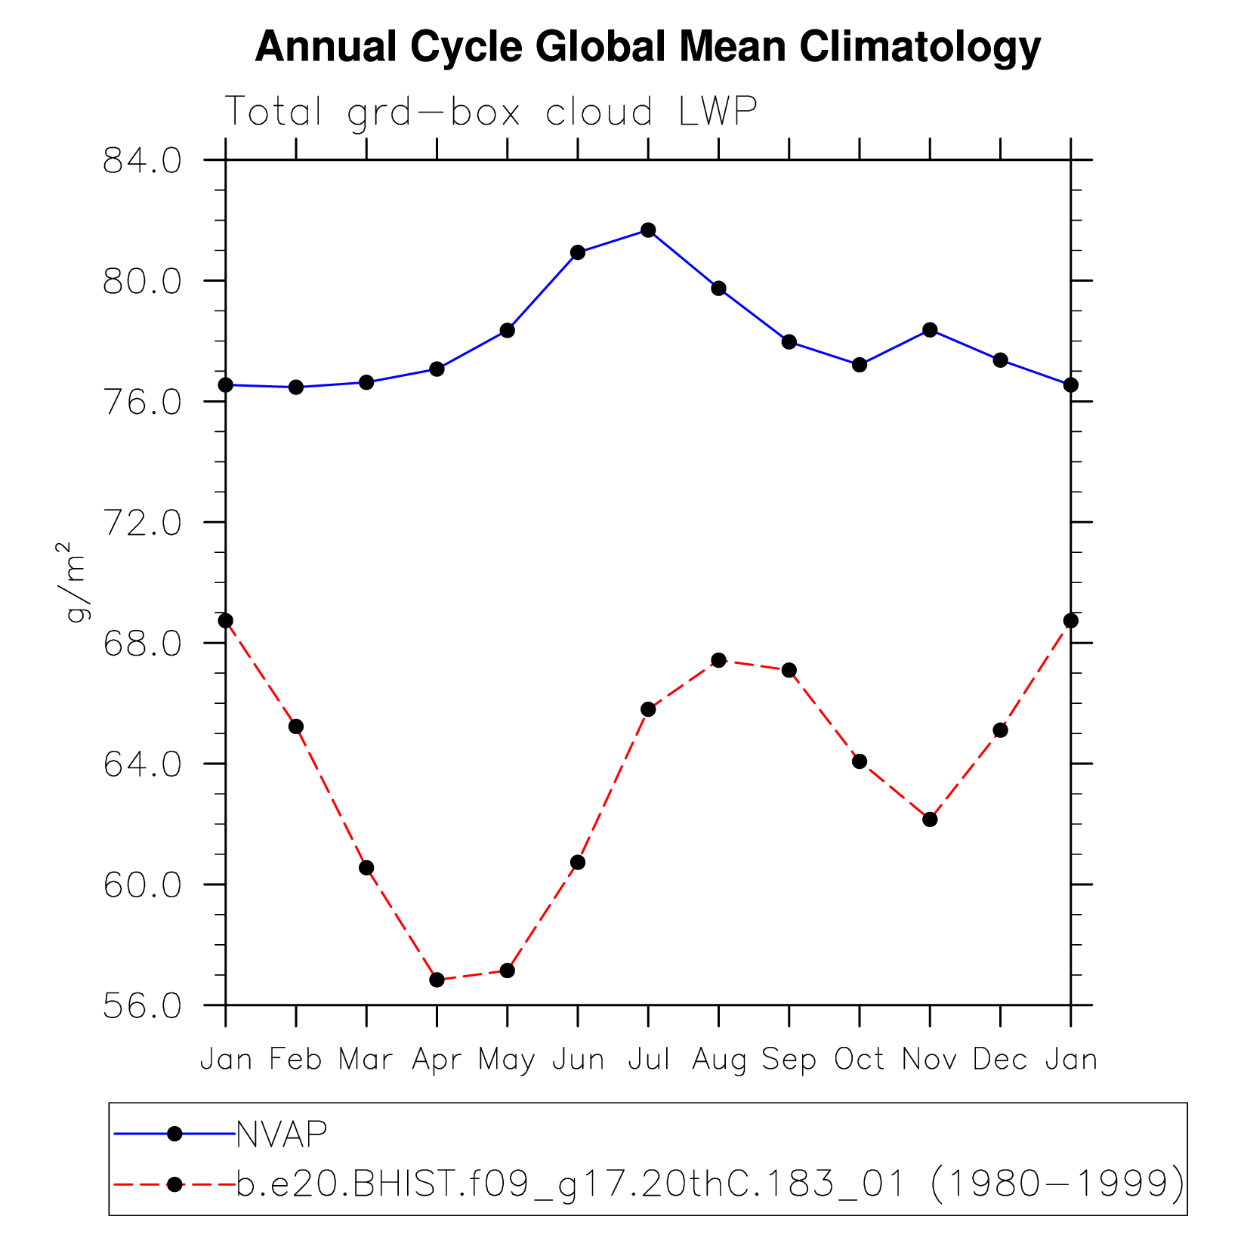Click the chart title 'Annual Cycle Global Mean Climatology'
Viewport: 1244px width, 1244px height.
click(x=647, y=48)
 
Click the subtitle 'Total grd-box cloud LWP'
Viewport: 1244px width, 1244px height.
click(x=491, y=113)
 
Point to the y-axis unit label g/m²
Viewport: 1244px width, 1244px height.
click(x=75, y=582)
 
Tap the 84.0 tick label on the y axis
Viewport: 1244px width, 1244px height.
click(x=142, y=161)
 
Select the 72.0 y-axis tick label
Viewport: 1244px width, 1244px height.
click(x=142, y=523)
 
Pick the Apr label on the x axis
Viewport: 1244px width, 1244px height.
click(x=437, y=1060)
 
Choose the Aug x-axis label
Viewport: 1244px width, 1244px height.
click(x=718, y=1060)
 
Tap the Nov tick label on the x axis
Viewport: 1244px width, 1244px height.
click(x=930, y=1060)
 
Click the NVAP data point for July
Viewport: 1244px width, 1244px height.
click(x=648, y=230)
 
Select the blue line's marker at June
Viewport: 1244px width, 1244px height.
click(x=578, y=252)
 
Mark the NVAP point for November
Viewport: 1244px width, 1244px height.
click(x=930, y=330)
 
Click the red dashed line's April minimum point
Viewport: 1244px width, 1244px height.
click(x=437, y=980)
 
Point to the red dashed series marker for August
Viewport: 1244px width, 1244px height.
click(x=718, y=660)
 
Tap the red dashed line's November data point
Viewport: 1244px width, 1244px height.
click(x=930, y=820)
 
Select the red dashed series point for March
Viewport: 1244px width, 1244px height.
click(x=366, y=868)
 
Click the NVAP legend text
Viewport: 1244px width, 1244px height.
click(x=282, y=1134)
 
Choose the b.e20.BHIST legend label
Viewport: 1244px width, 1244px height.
click(x=710, y=1184)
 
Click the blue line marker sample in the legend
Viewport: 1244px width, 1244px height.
click(x=174, y=1134)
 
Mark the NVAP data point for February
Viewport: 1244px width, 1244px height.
click(x=296, y=387)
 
